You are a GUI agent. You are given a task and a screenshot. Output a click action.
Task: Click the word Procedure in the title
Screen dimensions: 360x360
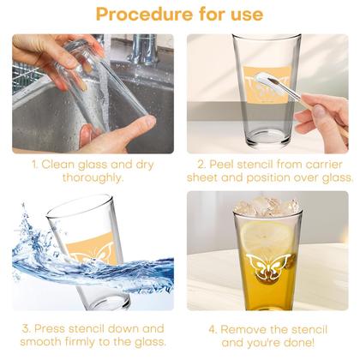pyautogui.click(x=144, y=15)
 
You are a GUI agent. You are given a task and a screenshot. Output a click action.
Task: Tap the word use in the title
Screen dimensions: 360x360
pyautogui.click(x=247, y=15)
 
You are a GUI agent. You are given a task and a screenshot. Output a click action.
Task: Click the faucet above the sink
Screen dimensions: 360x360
pyautogui.click(x=144, y=49)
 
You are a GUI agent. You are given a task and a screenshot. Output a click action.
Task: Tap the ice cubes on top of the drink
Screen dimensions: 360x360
pyautogui.click(x=267, y=206)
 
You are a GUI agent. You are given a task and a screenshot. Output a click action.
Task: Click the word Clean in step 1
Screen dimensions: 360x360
pyautogui.click(x=58, y=165)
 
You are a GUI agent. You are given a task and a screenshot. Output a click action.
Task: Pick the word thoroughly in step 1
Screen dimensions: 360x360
pyautogui.click(x=93, y=177)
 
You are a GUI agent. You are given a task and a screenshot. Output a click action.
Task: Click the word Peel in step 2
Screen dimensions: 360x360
pyautogui.click(x=222, y=165)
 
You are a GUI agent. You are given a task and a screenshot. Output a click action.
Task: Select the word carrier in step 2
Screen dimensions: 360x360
pyautogui.click(x=324, y=165)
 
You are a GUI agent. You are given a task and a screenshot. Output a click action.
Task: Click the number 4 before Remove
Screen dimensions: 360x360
pyautogui.click(x=213, y=330)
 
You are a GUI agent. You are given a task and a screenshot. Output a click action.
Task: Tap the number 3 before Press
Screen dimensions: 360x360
pyautogui.click(x=27, y=328)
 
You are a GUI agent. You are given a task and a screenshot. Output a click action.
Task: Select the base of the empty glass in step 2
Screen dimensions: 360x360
pyautogui.click(x=267, y=140)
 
